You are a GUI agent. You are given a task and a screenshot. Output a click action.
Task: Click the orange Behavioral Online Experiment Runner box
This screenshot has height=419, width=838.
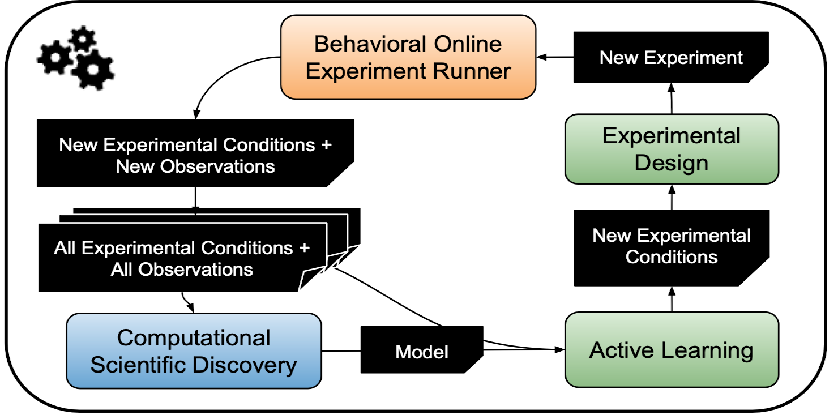click(408, 57)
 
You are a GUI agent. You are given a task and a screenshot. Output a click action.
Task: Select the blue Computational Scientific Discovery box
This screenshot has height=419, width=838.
click(194, 350)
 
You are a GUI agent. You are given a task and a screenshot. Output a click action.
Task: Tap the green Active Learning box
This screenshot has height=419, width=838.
click(672, 350)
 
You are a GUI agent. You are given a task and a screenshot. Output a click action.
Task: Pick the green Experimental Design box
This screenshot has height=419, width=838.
click(672, 149)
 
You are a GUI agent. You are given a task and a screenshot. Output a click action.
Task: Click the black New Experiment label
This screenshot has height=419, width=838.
click(672, 57)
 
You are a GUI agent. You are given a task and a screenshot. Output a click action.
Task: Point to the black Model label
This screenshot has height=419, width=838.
click(422, 352)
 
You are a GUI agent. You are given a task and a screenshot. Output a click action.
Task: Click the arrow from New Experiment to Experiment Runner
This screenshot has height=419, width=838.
click(555, 57)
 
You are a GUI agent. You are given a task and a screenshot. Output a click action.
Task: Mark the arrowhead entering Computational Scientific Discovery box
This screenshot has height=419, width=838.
click(194, 308)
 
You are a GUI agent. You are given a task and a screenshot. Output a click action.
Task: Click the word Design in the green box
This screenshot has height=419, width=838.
click(672, 163)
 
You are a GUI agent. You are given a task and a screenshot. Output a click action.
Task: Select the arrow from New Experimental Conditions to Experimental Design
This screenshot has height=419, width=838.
click(672, 196)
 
